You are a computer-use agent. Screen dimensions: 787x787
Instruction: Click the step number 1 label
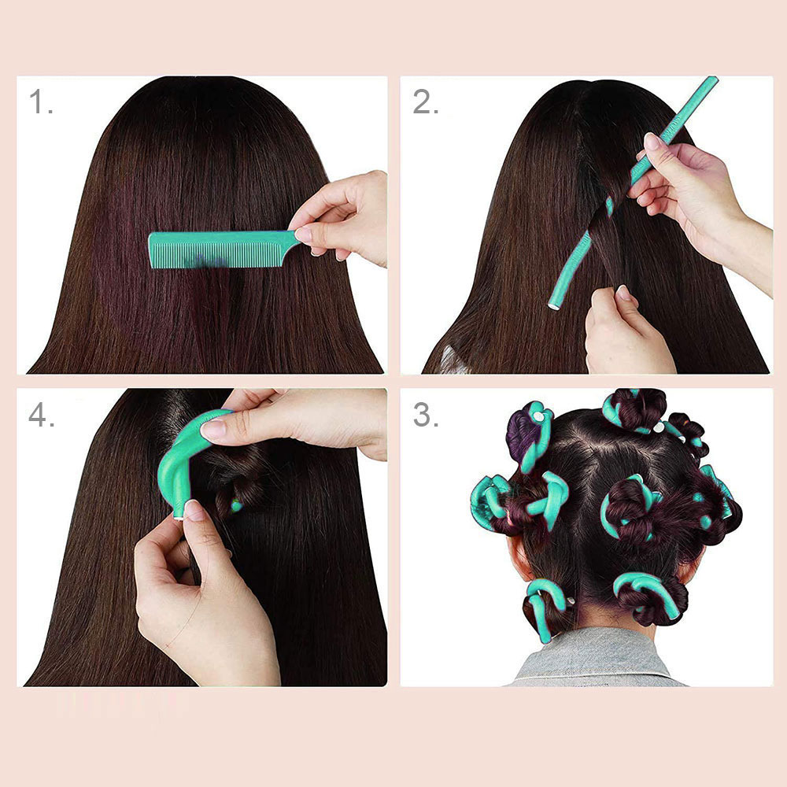point(41,102)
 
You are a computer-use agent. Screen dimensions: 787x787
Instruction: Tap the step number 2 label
point(425,102)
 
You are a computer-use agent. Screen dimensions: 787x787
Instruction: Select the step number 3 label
point(426,415)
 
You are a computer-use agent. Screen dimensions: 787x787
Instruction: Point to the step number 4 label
point(41,415)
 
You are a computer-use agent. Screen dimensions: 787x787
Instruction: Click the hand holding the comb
point(342,218)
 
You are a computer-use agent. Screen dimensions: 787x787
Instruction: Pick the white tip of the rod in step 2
point(553,305)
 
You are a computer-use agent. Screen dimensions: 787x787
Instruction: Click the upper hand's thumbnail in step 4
point(213,429)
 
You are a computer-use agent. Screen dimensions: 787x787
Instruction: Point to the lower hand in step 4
point(201,597)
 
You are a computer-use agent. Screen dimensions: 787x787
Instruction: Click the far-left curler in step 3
point(490,502)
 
